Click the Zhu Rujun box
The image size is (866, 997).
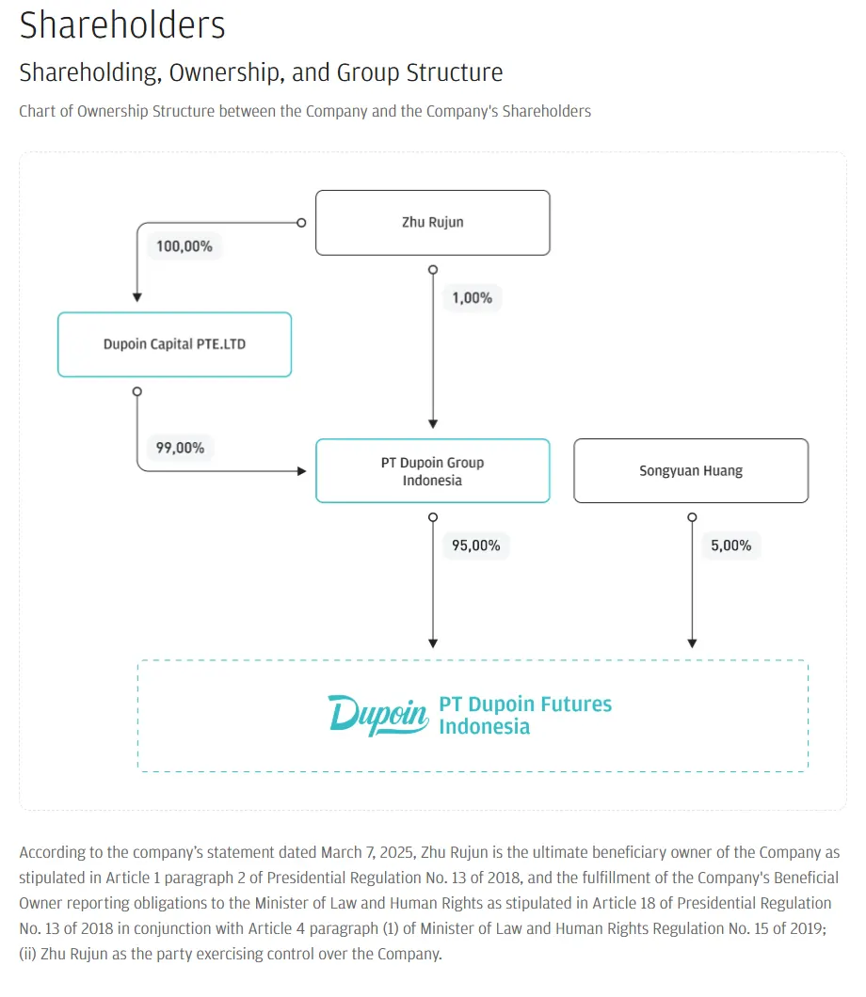coord(433,223)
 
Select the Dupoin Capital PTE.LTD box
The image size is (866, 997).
coord(174,344)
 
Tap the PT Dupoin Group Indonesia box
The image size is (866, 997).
coord(433,470)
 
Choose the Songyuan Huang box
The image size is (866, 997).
coord(691,470)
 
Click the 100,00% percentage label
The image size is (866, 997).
coord(184,246)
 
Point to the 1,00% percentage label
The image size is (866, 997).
coord(473,297)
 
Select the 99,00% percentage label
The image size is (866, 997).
coord(180,448)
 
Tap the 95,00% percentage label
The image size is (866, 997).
coord(476,546)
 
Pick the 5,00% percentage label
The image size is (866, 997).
coord(731,546)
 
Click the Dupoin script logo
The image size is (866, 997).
coord(378,715)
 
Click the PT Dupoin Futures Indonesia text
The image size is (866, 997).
coord(525,716)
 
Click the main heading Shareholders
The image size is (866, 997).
coord(122,25)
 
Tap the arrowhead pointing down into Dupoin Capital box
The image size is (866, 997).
coord(136,297)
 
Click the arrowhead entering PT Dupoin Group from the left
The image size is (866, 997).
coord(301,471)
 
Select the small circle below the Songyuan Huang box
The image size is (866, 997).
coord(692,517)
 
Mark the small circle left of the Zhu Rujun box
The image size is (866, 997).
coord(301,223)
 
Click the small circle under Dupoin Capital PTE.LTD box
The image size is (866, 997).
coord(136,391)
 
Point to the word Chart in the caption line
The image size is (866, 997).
coord(37,111)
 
